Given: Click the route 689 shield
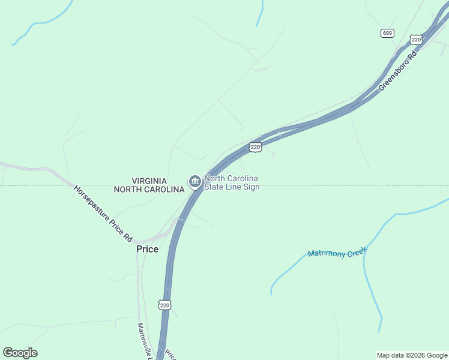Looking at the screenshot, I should [x=387, y=32].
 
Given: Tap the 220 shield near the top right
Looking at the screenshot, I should [x=416, y=40].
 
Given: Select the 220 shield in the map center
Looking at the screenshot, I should [x=255, y=146].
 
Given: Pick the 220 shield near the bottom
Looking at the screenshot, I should [x=165, y=305].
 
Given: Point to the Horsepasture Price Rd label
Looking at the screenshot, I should [x=103, y=214].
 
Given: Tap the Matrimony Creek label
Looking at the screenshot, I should [x=337, y=253].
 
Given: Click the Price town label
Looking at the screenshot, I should [x=147, y=249].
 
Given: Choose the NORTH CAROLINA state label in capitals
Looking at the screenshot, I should [x=149, y=190].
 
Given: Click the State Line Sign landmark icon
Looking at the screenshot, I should [x=194, y=181].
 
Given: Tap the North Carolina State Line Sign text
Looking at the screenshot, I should [x=231, y=182].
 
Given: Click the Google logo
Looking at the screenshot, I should [x=20, y=353].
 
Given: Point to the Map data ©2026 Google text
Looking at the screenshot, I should [x=412, y=355].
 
